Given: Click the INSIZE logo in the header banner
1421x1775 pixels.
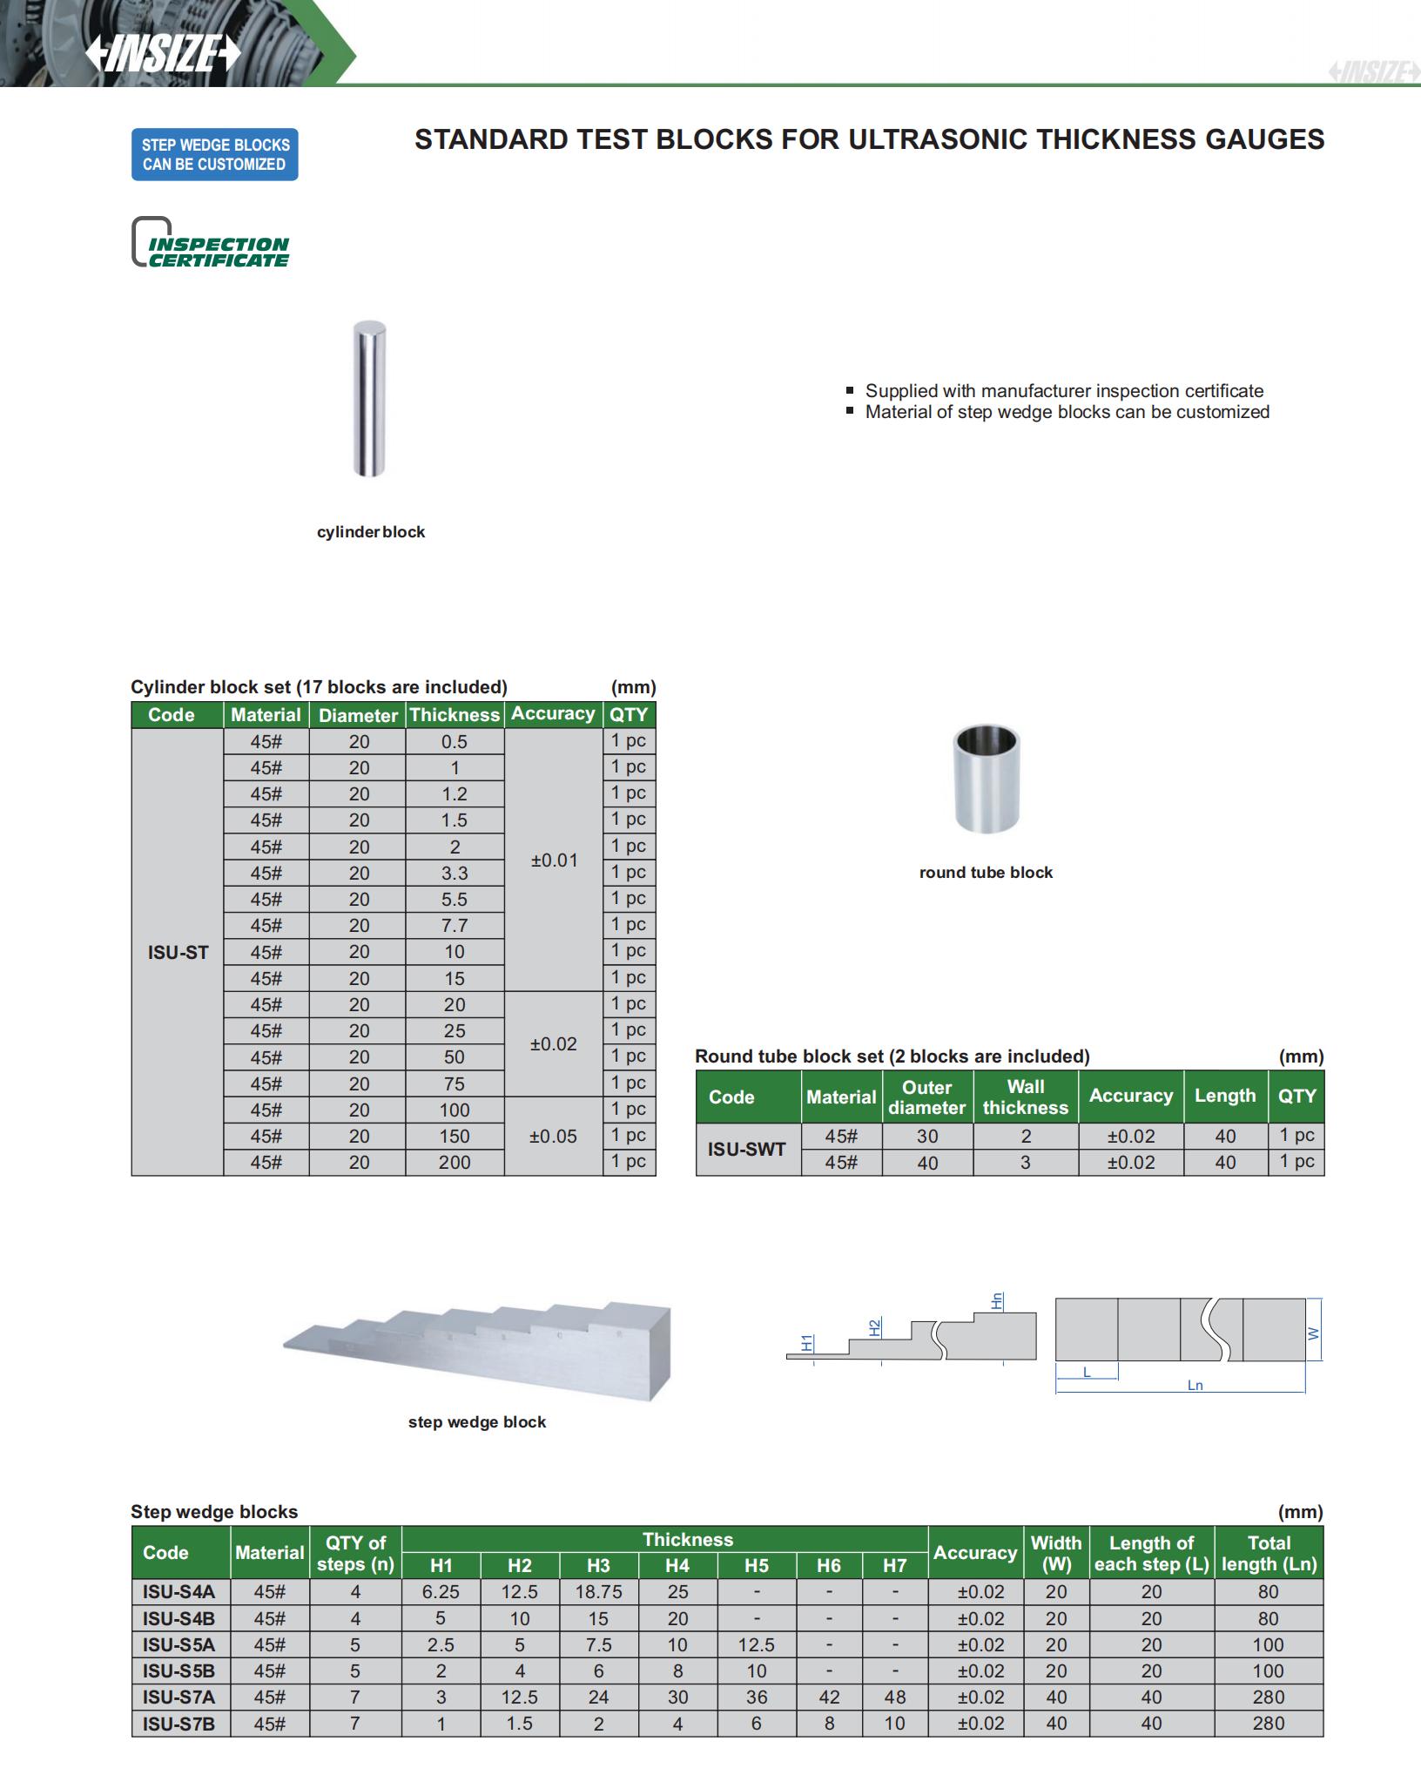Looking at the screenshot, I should tap(164, 54).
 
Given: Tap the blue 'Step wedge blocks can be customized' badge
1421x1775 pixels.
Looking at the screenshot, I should tap(214, 155).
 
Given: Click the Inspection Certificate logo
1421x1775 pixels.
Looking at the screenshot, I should tap(211, 242).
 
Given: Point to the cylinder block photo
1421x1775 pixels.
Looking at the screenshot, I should tap(369, 399).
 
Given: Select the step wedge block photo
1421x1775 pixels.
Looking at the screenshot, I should tap(477, 1349).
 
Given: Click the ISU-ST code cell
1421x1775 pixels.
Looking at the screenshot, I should tap(178, 952).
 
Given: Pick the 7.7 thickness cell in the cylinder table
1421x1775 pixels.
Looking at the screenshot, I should tap(455, 926).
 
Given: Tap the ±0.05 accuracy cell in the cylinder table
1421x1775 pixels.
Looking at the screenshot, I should tap(553, 1136).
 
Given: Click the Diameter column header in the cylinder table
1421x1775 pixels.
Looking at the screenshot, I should tap(358, 715).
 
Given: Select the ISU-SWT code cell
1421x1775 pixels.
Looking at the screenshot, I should tap(747, 1149).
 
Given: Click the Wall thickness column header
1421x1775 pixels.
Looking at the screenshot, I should tap(1025, 1097).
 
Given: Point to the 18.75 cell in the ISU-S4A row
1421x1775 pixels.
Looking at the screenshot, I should tap(598, 1591).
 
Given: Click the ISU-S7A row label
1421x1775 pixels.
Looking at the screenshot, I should tap(179, 1697).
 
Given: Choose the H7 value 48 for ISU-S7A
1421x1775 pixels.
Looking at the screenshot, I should tap(894, 1697).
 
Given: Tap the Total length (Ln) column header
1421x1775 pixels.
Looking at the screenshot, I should tap(1268, 1553).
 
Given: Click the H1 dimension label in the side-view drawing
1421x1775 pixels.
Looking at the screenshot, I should tap(807, 1342).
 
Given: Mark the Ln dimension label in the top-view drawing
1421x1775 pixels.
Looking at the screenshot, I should tap(1195, 1385).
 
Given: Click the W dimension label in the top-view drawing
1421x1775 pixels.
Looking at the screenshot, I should tap(1314, 1333).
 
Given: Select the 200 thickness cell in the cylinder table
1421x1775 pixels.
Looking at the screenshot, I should tap(455, 1162).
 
